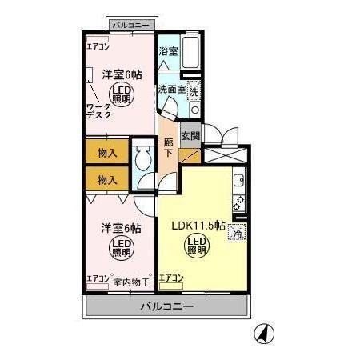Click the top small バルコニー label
click(130, 26)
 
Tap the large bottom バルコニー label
click(166, 306)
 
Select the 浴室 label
click(167, 51)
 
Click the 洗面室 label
click(171, 88)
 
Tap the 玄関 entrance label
click(190, 136)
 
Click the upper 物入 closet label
click(107, 152)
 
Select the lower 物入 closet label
click(107, 180)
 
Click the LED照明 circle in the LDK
click(196, 245)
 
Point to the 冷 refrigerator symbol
click(236, 233)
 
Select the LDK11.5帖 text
click(198, 225)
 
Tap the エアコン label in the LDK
click(171, 278)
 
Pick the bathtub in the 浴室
click(190, 50)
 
